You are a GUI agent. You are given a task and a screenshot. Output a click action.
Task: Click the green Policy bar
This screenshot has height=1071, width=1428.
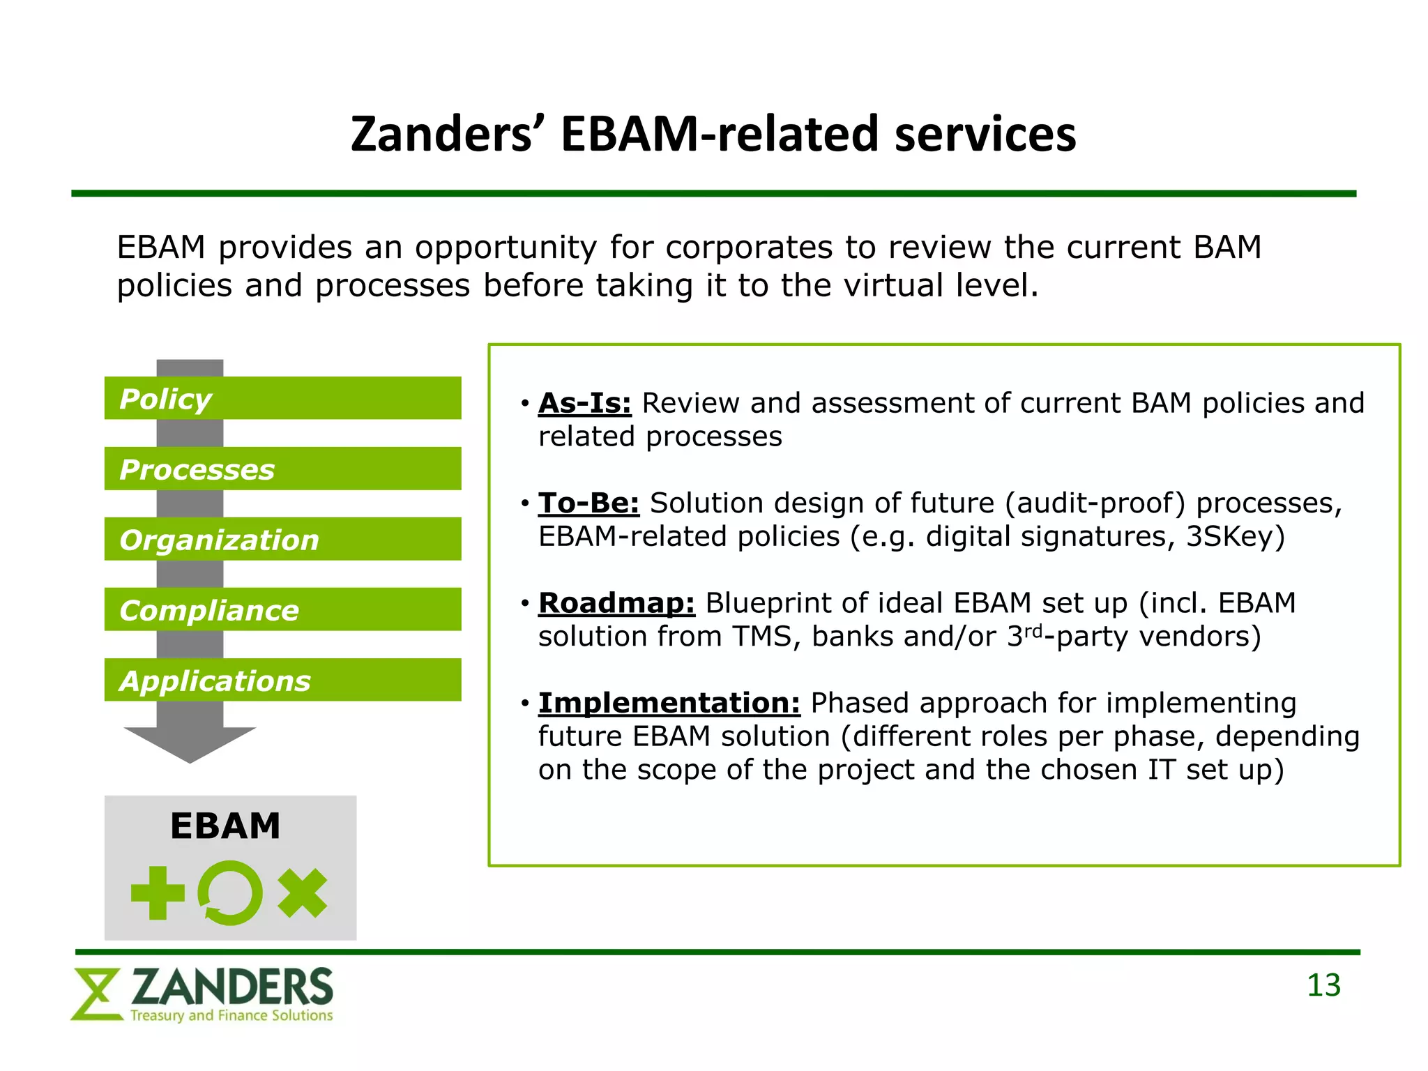tap(282, 398)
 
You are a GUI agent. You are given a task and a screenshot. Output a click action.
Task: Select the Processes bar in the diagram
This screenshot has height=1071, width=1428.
tap(282, 469)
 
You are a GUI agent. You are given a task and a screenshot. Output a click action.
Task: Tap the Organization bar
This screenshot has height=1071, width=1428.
tap(282, 539)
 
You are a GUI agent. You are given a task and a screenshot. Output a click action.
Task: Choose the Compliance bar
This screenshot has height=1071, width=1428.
tap(282, 609)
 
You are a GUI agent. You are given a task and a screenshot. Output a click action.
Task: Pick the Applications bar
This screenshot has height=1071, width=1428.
tap(282, 680)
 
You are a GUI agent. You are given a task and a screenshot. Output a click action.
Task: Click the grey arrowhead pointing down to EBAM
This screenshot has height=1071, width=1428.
tap(190, 743)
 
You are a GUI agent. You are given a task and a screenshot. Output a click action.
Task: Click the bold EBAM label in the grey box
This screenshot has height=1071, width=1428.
tap(225, 826)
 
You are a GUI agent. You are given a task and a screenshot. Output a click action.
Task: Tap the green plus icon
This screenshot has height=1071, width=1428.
tap(158, 893)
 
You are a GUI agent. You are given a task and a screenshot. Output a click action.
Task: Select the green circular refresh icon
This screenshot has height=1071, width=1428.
tap(230, 893)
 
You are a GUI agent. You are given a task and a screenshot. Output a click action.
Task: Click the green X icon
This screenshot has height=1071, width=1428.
tap(303, 893)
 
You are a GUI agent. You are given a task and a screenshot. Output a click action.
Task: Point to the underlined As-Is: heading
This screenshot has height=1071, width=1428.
tap(584, 403)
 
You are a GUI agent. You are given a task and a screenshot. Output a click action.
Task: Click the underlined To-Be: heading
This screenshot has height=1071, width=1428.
tap(588, 503)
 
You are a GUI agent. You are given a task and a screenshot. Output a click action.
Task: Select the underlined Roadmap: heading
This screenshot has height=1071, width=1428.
tap(616, 603)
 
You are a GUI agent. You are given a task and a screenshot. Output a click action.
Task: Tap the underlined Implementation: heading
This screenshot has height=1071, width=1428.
tap(669, 703)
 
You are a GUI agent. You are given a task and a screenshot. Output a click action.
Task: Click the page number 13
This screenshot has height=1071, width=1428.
tap(1323, 986)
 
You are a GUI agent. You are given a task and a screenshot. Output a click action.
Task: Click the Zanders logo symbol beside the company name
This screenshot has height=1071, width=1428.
tap(96, 994)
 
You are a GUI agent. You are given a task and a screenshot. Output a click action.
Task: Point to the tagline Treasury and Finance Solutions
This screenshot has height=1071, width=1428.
tap(231, 1015)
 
